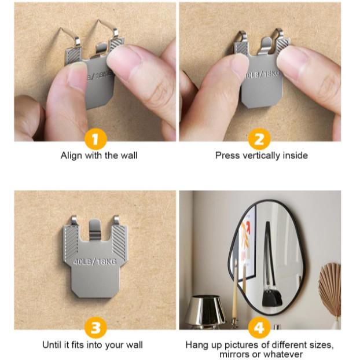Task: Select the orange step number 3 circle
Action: pyautogui.click(x=95, y=328)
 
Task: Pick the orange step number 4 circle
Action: pyautogui.click(x=259, y=328)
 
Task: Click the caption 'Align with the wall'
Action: pyautogui.click(x=99, y=156)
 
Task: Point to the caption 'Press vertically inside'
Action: pyautogui.click(x=261, y=156)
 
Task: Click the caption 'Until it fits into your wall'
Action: pyautogui.click(x=93, y=345)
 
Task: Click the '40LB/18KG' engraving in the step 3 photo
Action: pyautogui.click(x=95, y=262)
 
